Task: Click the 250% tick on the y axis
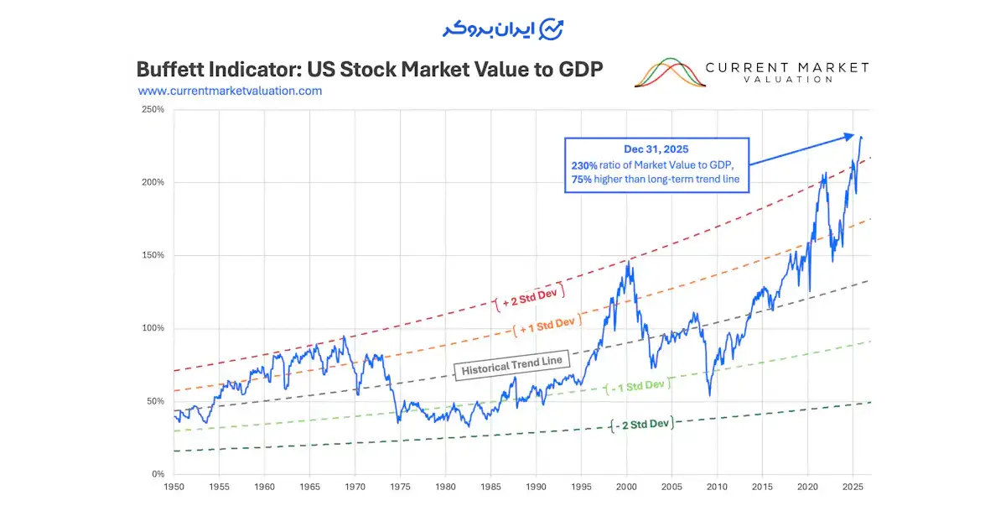click(153, 109)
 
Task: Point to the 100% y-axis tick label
click(153, 328)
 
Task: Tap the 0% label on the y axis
click(158, 474)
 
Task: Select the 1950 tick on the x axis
click(174, 487)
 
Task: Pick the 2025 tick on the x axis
click(853, 487)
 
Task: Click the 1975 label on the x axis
click(400, 487)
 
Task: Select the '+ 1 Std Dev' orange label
click(547, 322)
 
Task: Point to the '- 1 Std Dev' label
click(638, 385)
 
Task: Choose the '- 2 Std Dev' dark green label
click(641, 425)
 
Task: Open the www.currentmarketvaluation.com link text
click(230, 91)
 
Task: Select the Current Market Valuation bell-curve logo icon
click(669, 73)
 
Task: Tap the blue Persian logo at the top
click(502, 29)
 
